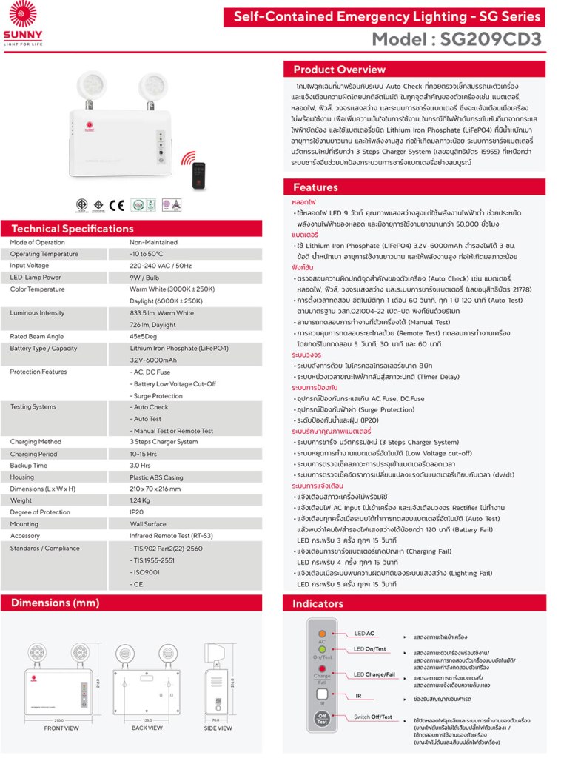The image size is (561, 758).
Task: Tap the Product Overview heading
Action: click(x=339, y=70)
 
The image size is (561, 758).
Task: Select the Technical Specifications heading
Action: click(x=73, y=229)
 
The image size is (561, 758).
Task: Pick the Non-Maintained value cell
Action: click(x=153, y=242)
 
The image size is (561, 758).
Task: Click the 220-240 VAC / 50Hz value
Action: click(x=161, y=265)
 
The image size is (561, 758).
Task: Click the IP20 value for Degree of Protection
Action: click(x=137, y=512)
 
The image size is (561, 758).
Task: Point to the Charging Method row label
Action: click(x=36, y=442)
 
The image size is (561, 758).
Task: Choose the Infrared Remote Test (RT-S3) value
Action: click(x=171, y=536)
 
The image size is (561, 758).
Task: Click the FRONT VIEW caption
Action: click(x=61, y=728)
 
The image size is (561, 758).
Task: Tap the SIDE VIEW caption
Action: click(x=218, y=728)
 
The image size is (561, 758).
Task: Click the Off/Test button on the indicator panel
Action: click(x=322, y=718)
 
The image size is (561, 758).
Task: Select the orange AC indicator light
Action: click(x=322, y=634)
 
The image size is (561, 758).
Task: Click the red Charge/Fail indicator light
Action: click(x=322, y=668)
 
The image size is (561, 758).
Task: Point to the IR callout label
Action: click(x=358, y=696)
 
